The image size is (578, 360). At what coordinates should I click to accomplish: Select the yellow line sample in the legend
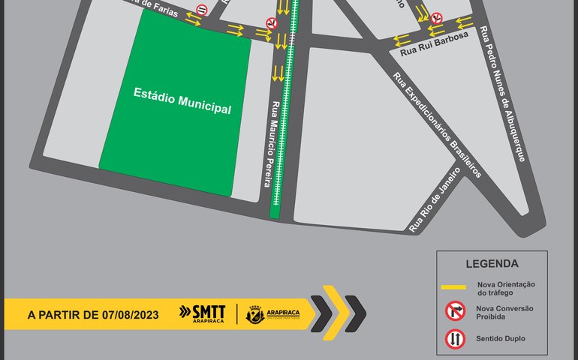click(x=453, y=287)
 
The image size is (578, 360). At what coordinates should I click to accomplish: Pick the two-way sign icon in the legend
click(x=453, y=339)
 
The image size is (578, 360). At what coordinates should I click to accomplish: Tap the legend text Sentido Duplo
click(x=500, y=339)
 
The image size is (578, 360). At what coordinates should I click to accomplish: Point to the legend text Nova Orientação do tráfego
click(x=505, y=287)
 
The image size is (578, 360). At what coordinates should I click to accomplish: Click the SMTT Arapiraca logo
click(x=203, y=313)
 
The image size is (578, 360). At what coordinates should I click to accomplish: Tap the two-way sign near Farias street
click(x=200, y=10)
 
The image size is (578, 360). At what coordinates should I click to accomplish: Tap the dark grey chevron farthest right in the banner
click(x=355, y=313)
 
